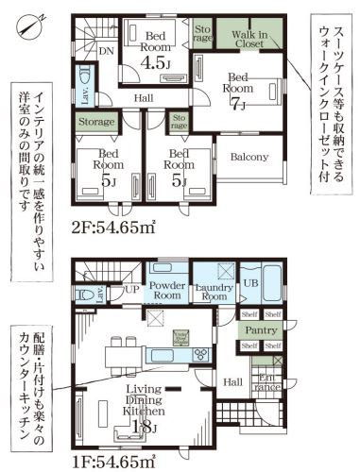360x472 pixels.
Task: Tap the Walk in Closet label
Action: [x=249, y=39]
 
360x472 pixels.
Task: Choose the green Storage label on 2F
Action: [x=95, y=121]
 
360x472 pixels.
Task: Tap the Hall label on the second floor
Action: [x=144, y=97]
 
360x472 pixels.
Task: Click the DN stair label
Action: [x=107, y=51]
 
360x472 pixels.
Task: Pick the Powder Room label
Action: [x=166, y=289]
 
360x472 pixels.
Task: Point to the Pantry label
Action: [x=260, y=330]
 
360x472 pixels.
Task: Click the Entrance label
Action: [x=266, y=382]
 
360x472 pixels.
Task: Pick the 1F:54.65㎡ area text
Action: [x=114, y=461]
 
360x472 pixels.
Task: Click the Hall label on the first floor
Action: [x=233, y=380]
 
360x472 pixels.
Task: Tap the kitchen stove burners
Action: [x=199, y=354]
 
